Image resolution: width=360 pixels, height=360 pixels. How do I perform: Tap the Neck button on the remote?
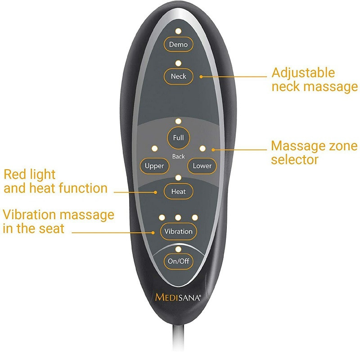(178, 76)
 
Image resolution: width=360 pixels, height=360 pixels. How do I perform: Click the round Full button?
(178, 138)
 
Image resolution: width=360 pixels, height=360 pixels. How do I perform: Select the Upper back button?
(154, 166)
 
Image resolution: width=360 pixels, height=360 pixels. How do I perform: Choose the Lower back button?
(202, 166)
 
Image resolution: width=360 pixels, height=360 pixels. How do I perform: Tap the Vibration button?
(178, 231)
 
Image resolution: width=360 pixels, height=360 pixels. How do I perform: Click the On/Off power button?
(178, 261)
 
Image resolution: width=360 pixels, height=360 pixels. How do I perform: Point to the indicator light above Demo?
(178, 31)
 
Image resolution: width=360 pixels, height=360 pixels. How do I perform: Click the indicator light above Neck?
(178, 63)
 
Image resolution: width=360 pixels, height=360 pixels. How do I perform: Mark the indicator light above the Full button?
(178, 121)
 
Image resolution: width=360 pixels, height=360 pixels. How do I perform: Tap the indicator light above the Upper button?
(155, 148)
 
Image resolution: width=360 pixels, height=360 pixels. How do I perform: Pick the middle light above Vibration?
(178, 218)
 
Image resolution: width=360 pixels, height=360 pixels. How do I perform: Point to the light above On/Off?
(178, 249)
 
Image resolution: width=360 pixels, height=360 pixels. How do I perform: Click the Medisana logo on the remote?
(178, 297)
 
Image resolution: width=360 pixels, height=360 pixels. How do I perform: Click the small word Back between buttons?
(178, 157)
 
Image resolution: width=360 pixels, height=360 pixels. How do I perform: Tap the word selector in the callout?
(295, 159)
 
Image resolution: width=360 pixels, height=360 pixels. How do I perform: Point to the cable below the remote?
(179, 342)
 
